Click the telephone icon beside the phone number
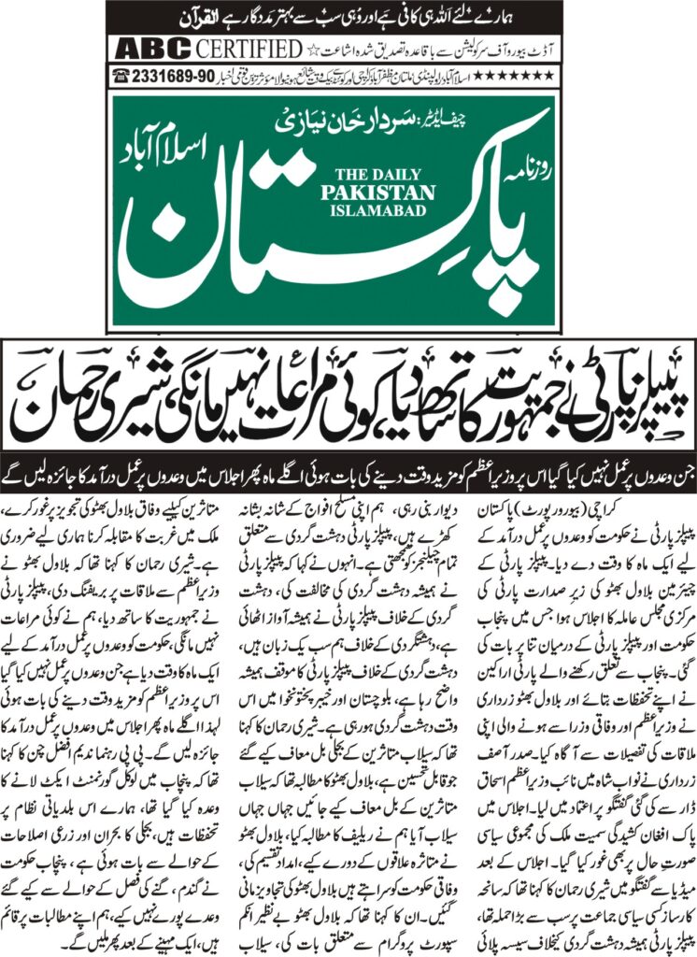pyautogui.click(x=121, y=73)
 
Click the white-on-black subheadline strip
pyautogui.click(x=348, y=461)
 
